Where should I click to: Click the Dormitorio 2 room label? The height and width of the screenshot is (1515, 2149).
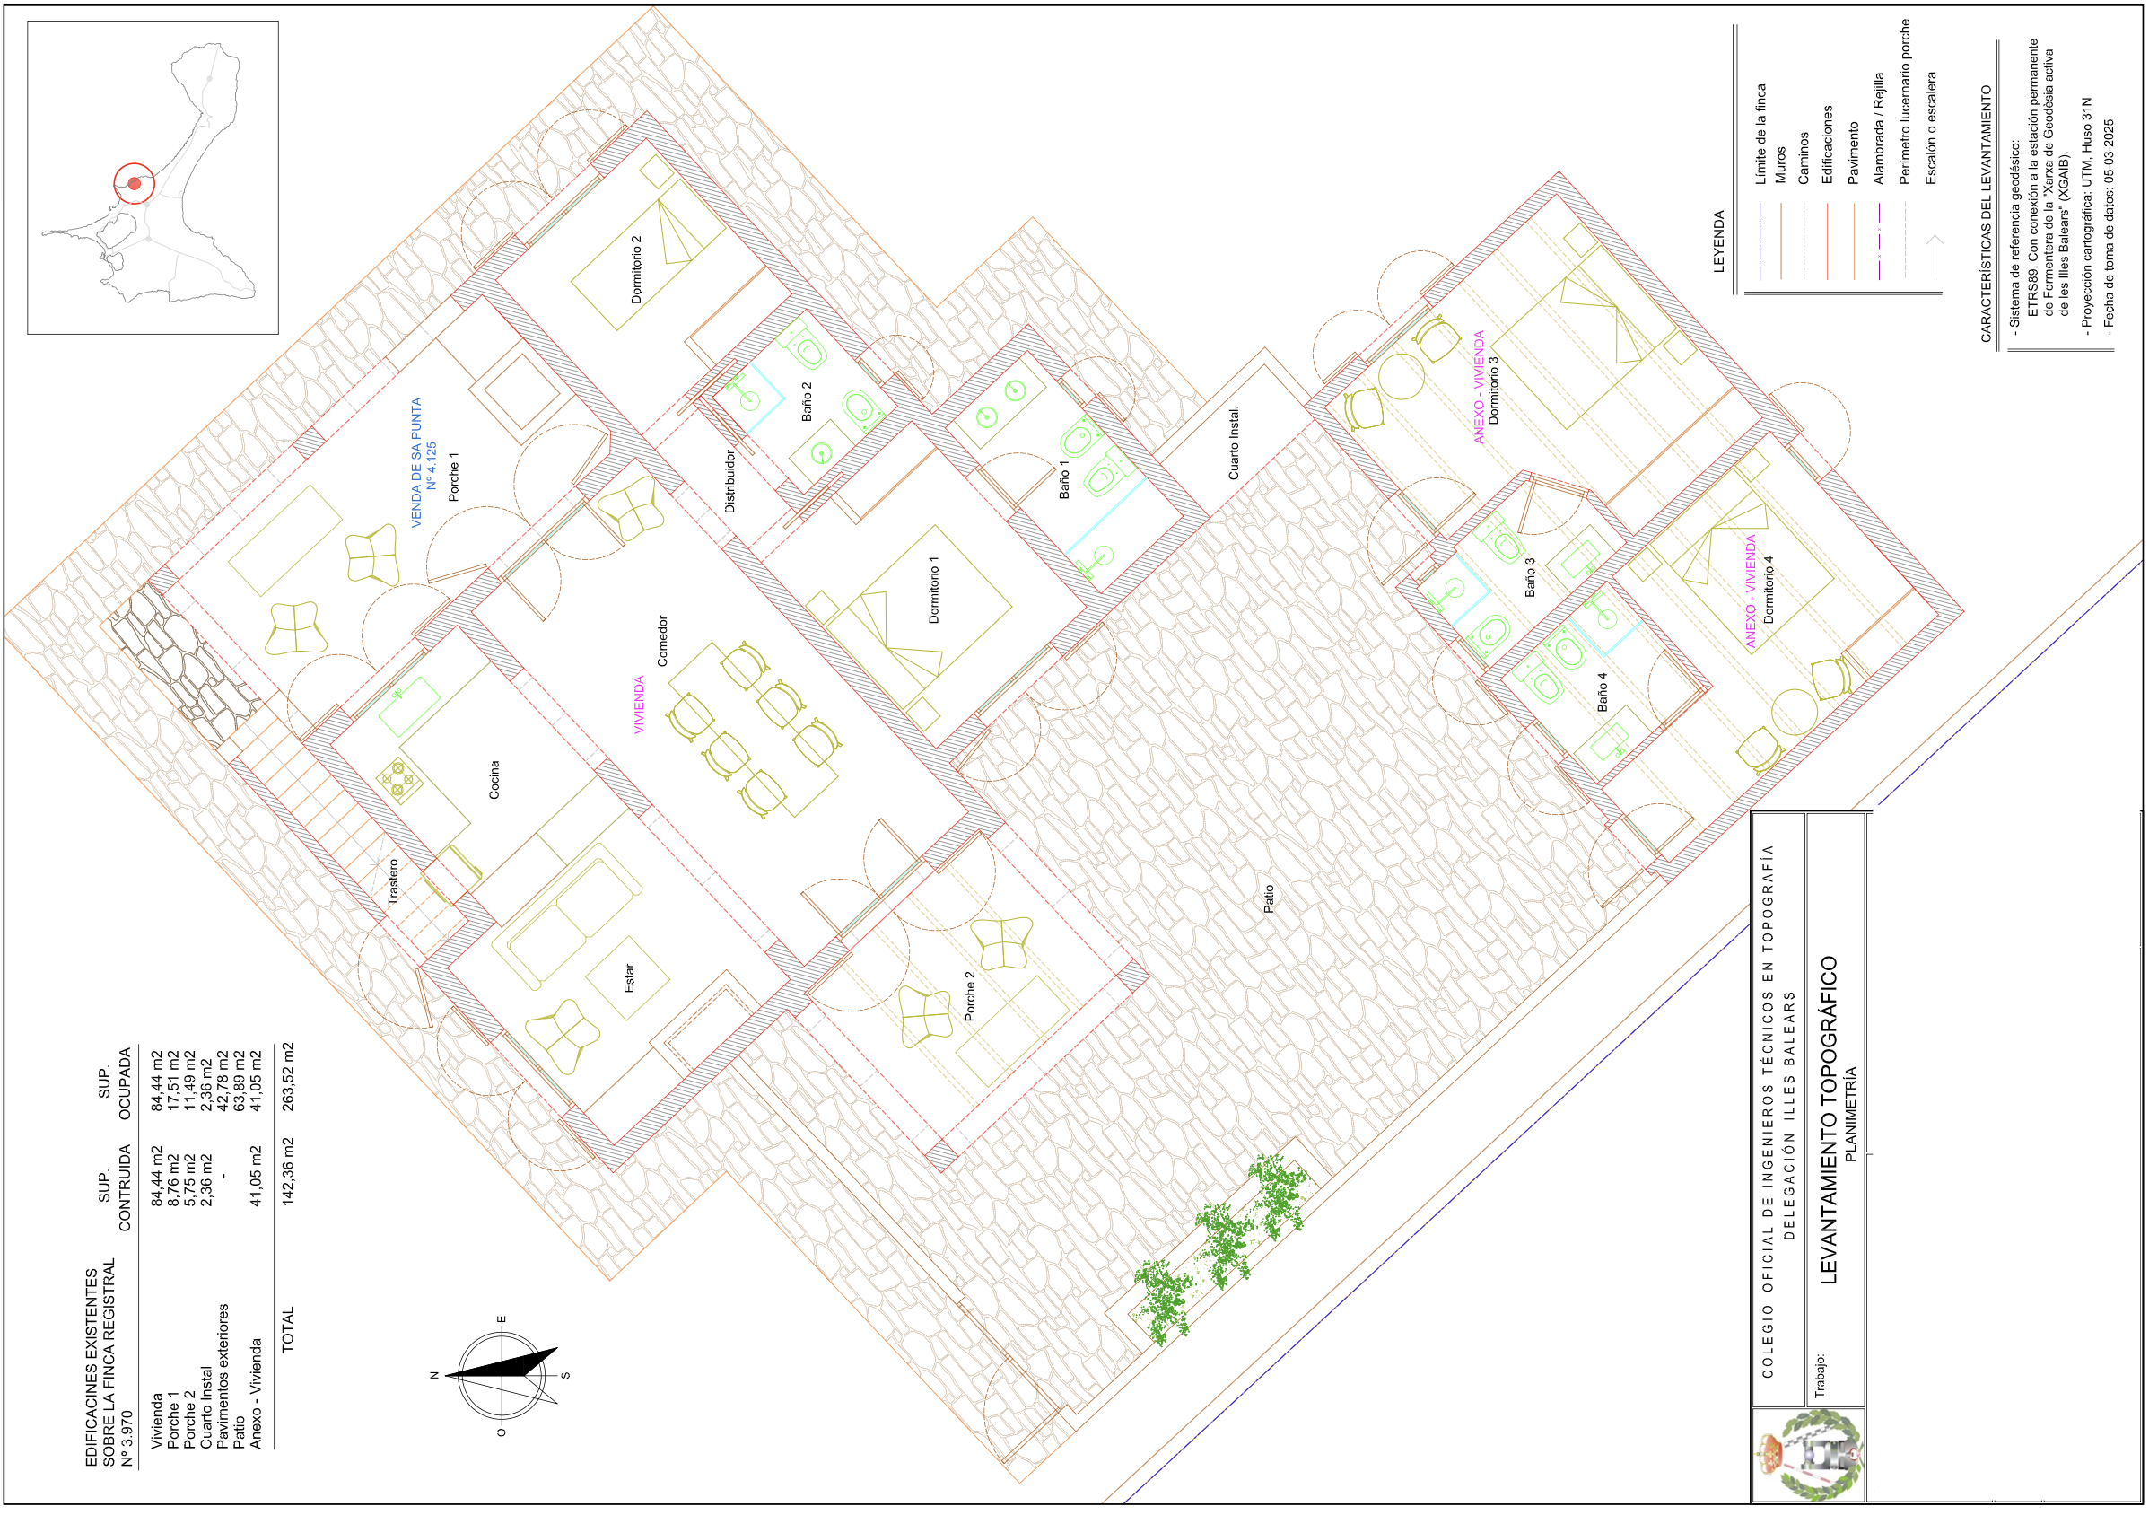[636, 269]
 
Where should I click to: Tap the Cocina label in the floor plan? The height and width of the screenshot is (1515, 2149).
[494, 779]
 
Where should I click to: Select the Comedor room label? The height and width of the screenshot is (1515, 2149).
[663, 642]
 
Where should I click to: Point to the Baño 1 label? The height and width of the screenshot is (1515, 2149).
[1064, 479]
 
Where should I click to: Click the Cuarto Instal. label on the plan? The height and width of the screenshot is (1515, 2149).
[1235, 442]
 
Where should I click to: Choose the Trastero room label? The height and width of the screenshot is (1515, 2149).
[394, 882]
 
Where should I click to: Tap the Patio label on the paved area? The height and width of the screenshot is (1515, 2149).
[1269, 899]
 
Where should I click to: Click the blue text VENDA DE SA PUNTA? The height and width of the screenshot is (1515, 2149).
[416, 462]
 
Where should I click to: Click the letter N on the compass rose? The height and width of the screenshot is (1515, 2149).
[434, 1376]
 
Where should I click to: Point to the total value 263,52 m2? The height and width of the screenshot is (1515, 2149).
[288, 1077]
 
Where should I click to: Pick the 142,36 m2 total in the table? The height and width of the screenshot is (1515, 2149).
[288, 1170]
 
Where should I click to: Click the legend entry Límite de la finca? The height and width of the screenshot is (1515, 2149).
[1760, 134]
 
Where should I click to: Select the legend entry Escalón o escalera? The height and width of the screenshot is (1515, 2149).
[1931, 127]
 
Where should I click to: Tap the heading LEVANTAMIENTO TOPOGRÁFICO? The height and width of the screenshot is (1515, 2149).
[1829, 1120]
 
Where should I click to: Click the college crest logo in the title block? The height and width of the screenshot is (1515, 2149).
[1809, 1456]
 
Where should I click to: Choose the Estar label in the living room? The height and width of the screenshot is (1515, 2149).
[629, 978]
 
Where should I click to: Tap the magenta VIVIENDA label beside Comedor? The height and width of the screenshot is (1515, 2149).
[639, 705]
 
